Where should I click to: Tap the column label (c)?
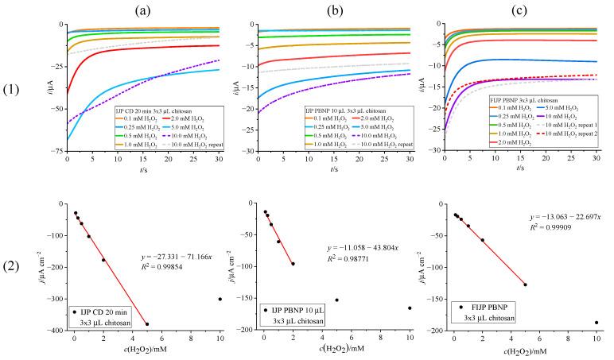point(521,10)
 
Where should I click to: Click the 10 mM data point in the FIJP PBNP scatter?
point(597,323)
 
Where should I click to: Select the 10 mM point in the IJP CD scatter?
point(220,299)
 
